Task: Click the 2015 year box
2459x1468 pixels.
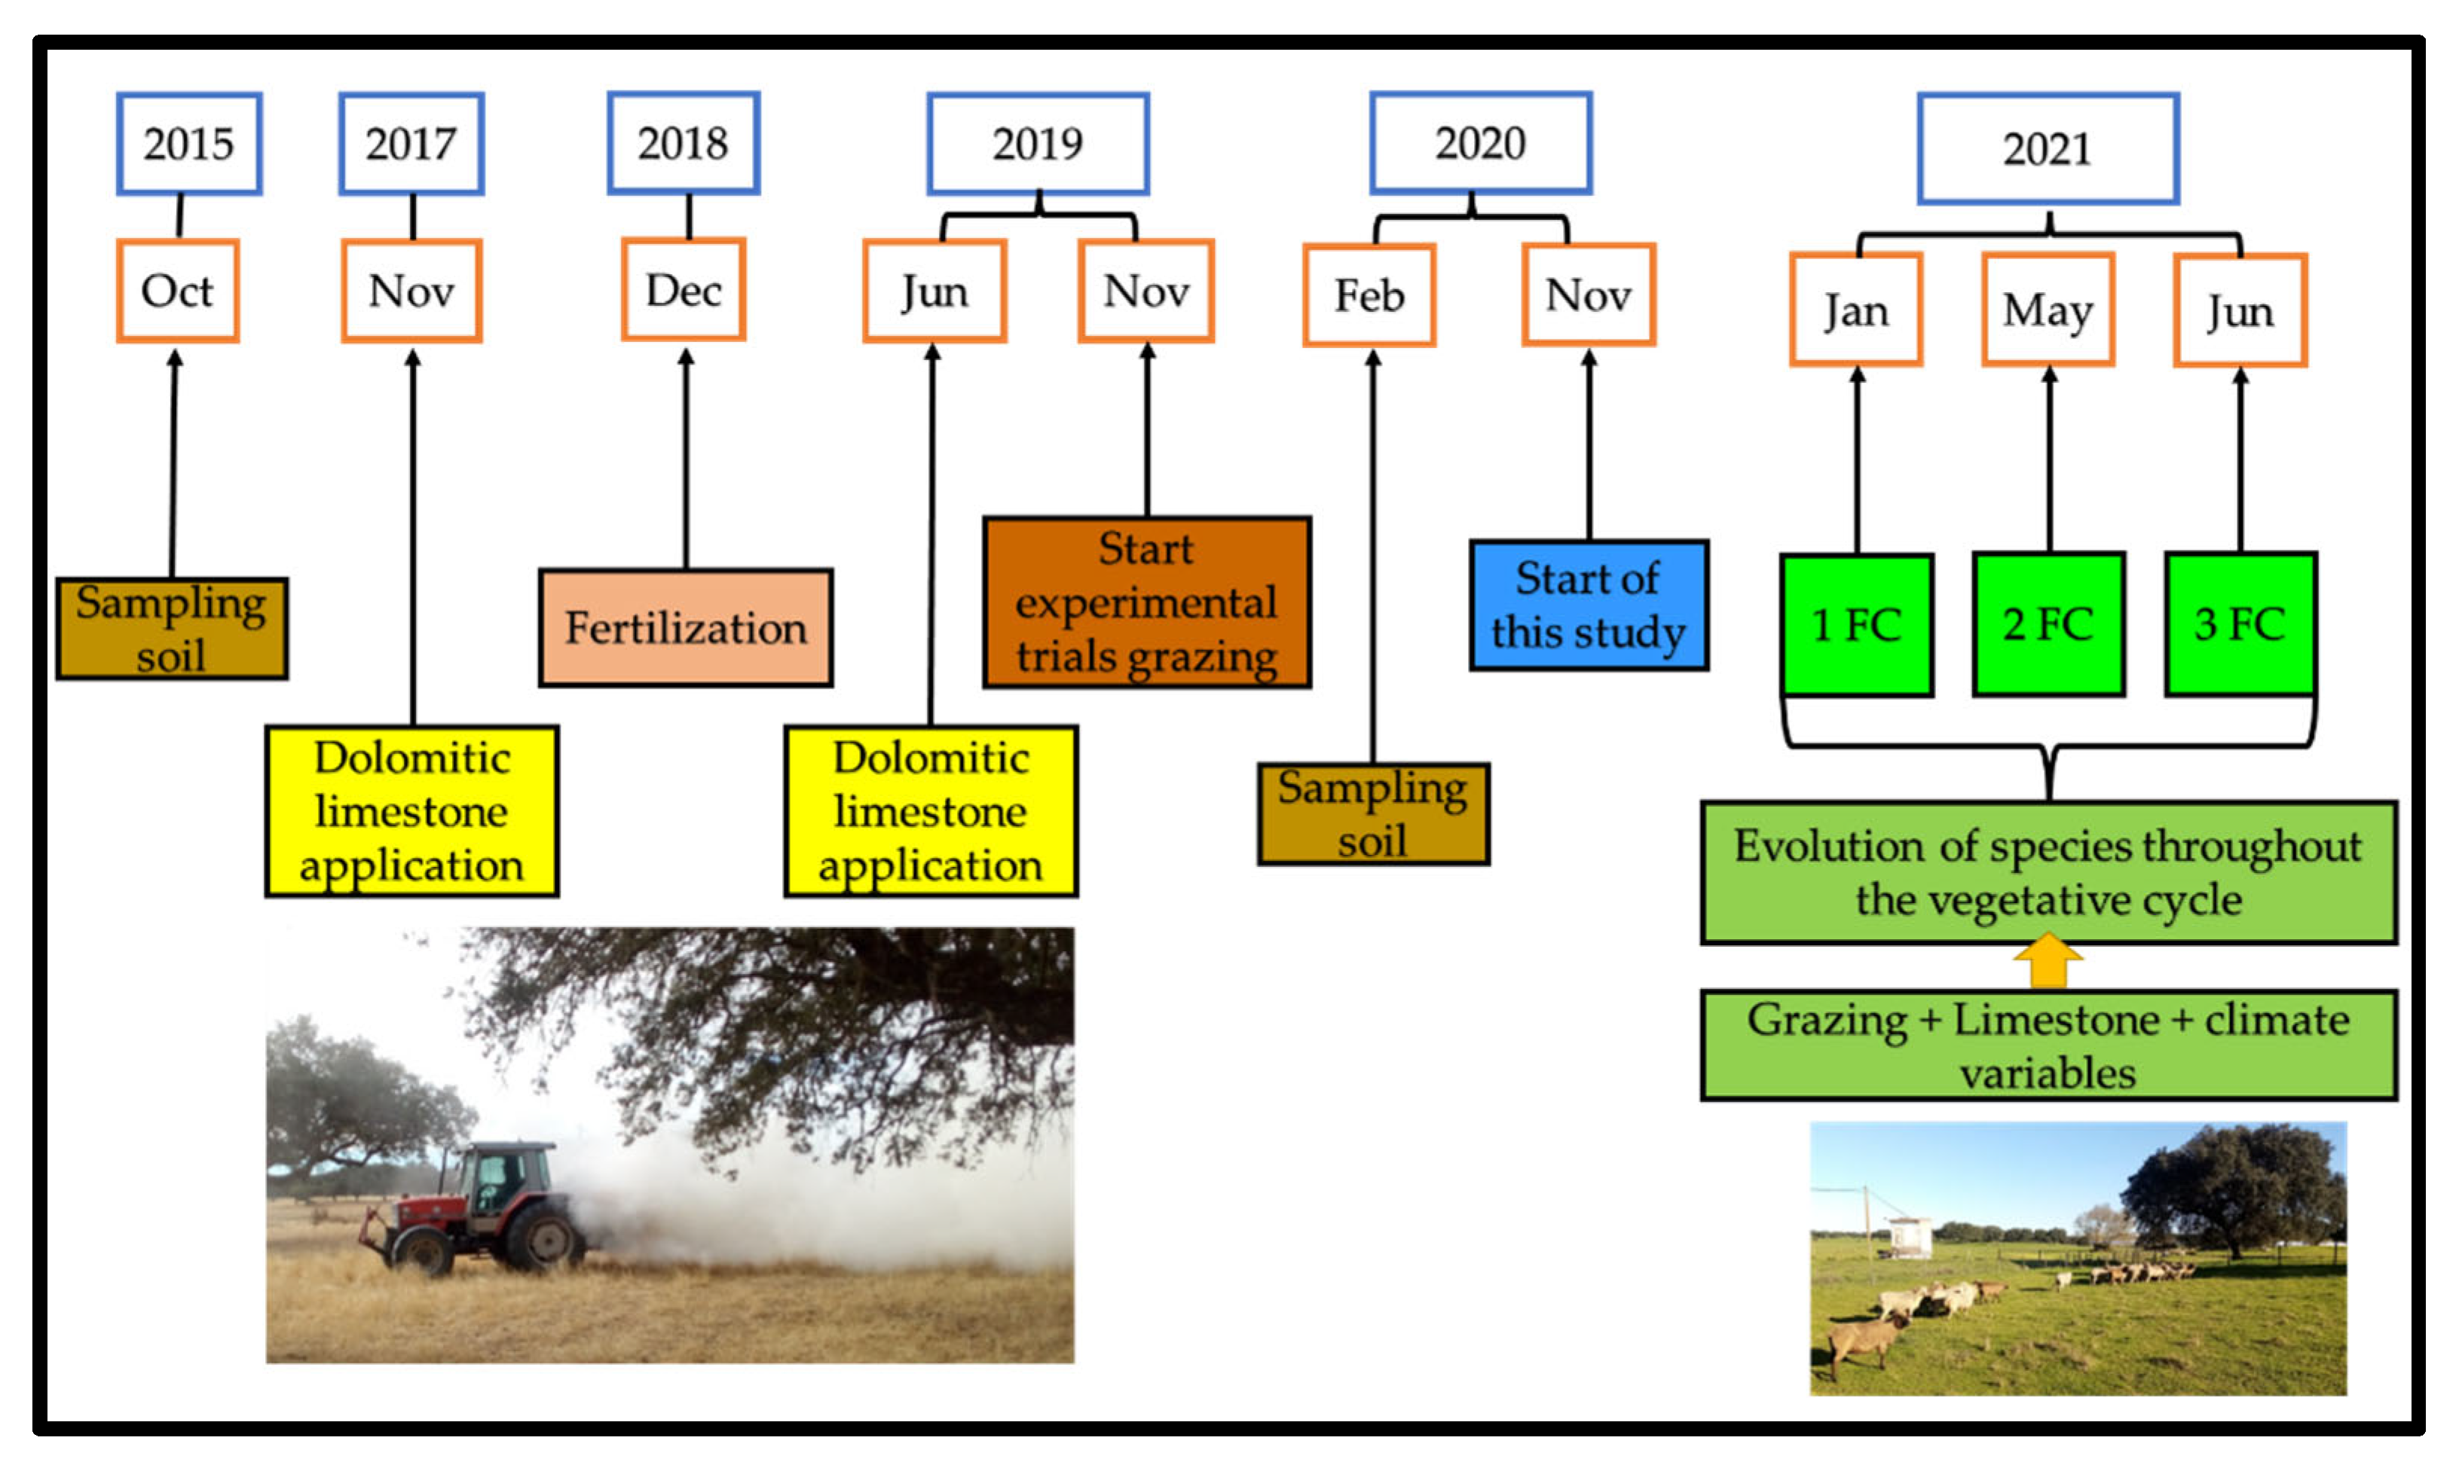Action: [x=189, y=143]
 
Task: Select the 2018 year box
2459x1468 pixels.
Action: [x=684, y=142]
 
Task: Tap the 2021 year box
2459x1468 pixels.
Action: [x=2048, y=148]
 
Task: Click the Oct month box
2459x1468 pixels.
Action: [x=178, y=291]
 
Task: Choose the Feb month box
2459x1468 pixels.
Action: [x=1369, y=295]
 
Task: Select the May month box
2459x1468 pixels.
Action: [x=2048, y=310]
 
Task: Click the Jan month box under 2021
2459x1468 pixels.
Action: [x=1856, y=310]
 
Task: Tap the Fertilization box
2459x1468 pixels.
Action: [x=686, y=628]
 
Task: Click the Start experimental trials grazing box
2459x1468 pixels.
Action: [x=1147, y=602]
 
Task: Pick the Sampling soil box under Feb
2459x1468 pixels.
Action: [x=1374, y=814]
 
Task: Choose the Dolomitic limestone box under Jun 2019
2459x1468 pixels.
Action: [x=931, y=811]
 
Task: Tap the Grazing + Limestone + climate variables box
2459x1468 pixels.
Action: [x=2049, y=1045]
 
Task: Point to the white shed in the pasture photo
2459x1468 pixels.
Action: [x=1910, y=1237]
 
